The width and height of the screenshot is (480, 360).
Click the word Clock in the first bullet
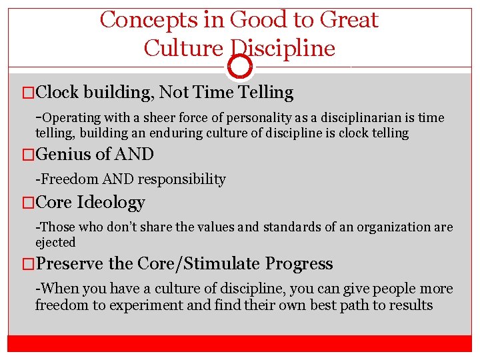59,93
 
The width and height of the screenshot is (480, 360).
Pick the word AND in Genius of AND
134,155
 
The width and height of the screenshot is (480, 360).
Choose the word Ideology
111,203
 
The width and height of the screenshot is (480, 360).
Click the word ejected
55,242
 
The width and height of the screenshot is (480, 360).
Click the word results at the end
411,306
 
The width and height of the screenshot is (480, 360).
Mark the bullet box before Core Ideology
27,203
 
